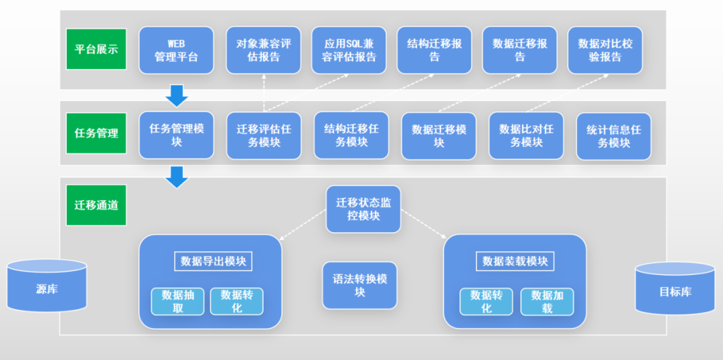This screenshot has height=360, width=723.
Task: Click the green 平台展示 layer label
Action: click(96, 50)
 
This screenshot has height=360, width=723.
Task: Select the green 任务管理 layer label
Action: click(96, 133)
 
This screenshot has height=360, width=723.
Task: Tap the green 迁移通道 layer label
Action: click(96, 205)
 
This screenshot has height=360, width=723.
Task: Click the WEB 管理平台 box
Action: click(176, 50)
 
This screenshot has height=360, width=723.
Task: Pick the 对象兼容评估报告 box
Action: click(263, 50)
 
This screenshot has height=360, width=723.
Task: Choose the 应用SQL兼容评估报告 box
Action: click(349, 50)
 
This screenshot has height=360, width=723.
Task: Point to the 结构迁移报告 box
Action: click(434, 50)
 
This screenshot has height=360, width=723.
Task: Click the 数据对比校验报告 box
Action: click(605, 50)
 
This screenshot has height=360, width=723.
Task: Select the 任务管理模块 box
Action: click(176, 135)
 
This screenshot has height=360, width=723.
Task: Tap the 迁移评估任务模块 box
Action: click(263, 136)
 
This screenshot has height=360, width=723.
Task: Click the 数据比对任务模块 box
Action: click(526, 136)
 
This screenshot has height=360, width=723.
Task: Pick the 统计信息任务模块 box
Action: click(613, 136)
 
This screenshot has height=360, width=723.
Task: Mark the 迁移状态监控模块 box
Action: click(363, 209)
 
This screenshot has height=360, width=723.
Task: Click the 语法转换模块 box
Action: click(359, 285)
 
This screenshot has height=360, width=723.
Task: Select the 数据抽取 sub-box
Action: click(177, 302)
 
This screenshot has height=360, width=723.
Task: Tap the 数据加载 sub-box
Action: click(547, 302)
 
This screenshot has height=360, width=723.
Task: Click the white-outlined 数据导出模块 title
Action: click(214, 261)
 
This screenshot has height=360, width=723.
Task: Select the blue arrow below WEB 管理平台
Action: click(177, 94)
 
